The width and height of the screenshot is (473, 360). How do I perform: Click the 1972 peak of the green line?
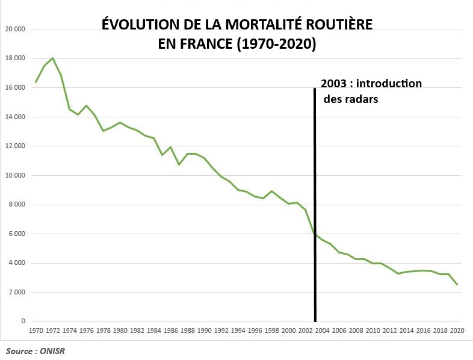coord(53,58)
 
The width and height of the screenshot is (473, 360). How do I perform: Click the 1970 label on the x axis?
coord(36,331)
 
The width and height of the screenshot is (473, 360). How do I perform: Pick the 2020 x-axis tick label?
coord(457,331)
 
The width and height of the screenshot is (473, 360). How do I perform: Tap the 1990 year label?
coord(205,331)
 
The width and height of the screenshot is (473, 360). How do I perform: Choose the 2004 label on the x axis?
coord(323,331)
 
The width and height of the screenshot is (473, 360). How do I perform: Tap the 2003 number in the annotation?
coord(334,84)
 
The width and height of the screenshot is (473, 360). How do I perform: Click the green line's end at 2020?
coord(457,284)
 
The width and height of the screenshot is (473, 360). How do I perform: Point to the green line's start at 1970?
coord(36,82)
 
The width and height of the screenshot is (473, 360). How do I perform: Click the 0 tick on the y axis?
coord(22,321)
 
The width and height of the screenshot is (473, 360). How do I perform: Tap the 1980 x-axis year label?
coord(120,331)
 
